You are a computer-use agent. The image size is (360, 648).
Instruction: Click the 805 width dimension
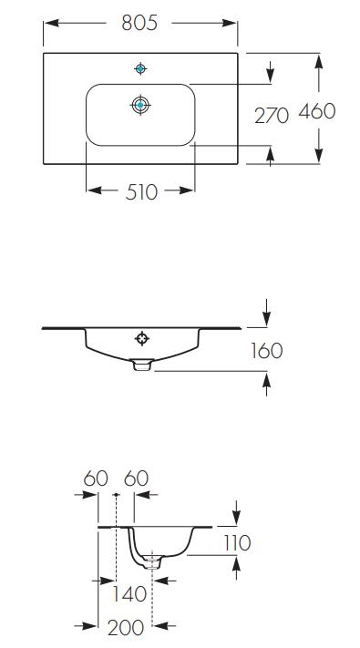coord(139,23)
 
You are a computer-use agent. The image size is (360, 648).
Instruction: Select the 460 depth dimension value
coord(317,111)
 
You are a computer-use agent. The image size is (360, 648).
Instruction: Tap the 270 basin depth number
coord(272,116)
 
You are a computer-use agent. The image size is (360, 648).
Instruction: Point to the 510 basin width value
coord(141,192)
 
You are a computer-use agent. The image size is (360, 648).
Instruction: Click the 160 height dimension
coord(267,351)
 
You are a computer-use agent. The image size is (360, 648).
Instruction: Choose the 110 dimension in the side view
coord(237,543)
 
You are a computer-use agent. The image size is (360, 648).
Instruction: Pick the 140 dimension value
coord(129,594)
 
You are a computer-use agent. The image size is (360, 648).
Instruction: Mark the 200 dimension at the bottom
coord(126,628)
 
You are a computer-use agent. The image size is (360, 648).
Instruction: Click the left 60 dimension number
coord(96,478)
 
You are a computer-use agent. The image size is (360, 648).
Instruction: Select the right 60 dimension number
coord(137,478)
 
